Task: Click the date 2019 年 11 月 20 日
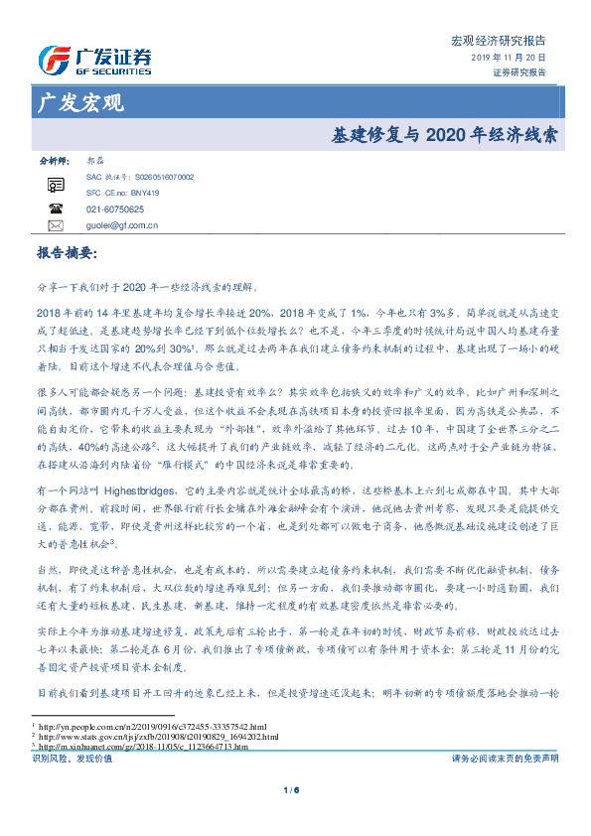[x=508, y=58]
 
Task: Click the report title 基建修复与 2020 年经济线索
[x=442, y=132]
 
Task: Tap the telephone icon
[x=56, y=209]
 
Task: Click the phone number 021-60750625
[x=114, y=209]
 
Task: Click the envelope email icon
[x=56, y=225]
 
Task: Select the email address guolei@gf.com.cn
[x=122, y=225]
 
